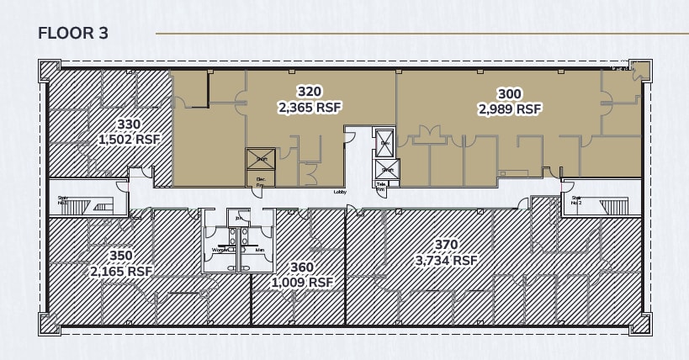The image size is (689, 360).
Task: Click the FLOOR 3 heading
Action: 73,34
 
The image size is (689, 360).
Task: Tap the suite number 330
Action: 129,124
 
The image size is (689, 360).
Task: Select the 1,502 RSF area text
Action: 129,140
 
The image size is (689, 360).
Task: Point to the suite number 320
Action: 310,91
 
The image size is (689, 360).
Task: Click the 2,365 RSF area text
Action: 310,107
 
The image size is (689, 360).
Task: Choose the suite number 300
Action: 510,93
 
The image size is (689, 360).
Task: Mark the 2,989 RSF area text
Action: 510,109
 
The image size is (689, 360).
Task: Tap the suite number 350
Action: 121,256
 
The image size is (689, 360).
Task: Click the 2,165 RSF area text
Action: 121,272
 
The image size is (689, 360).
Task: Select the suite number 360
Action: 302,267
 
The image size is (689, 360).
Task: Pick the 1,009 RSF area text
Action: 302,283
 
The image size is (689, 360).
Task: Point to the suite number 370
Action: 446,245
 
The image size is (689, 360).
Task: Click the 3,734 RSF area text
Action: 446,261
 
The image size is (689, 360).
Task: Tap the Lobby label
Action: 340,192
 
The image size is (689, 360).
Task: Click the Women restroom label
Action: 220,250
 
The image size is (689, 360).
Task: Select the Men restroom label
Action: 260,250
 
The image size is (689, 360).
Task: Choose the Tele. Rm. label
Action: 381,186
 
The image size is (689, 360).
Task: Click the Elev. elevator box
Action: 384,142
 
